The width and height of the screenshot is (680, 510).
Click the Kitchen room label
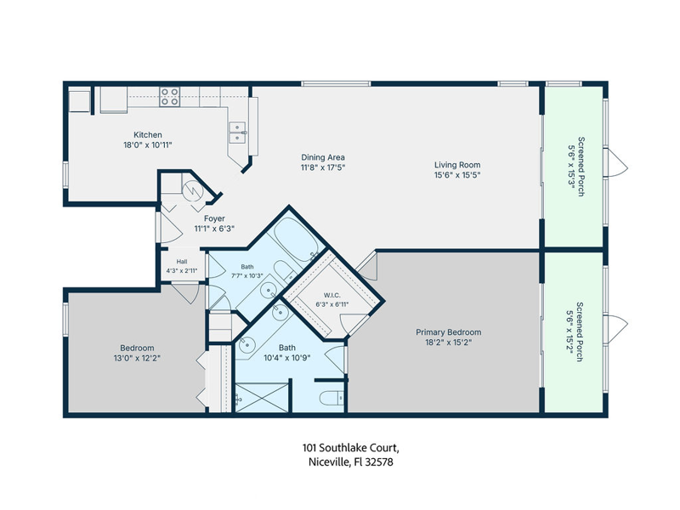click(147, 135)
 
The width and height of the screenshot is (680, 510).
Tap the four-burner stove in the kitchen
click(169, 97)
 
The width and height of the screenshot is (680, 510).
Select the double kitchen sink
click(238, 133)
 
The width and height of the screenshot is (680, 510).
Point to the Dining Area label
click(323, 157)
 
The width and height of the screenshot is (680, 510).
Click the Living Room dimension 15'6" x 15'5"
click(457, 175)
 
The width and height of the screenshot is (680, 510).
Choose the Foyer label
click(214, 218)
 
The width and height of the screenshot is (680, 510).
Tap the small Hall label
click(182, 262)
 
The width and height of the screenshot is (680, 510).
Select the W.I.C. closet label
click(331, 295)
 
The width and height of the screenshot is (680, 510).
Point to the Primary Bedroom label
click(449, 332)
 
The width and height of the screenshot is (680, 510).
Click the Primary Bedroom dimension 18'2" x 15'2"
click(449, 343)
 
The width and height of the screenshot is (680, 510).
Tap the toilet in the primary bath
click(331, 398)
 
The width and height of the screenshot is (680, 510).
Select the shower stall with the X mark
click(261, 397)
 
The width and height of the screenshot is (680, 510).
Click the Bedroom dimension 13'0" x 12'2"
click(137, 358)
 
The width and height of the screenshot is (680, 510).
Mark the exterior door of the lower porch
click(615, 330)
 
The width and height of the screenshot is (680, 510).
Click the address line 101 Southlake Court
click(351, 448)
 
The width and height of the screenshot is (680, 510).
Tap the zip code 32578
click(379, 462)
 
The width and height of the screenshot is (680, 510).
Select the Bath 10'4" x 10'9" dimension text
click(287, 358)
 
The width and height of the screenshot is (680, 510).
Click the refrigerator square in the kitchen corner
click(79, 101)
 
